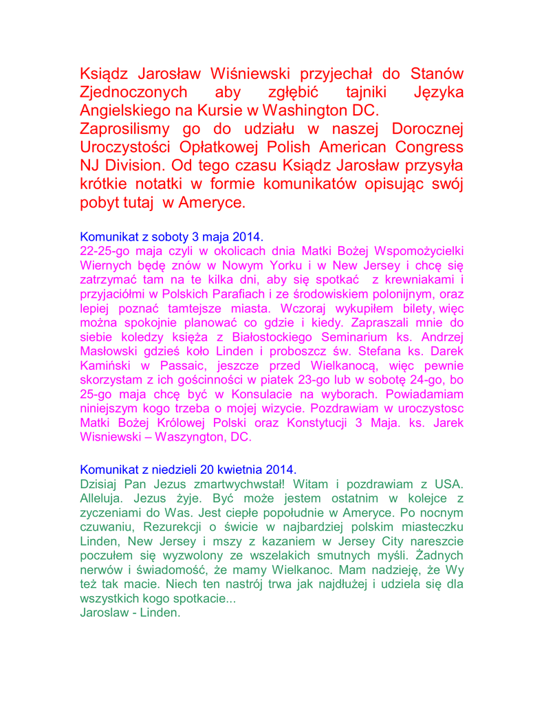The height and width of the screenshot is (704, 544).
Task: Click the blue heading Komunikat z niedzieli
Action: [x=188, y=471]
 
